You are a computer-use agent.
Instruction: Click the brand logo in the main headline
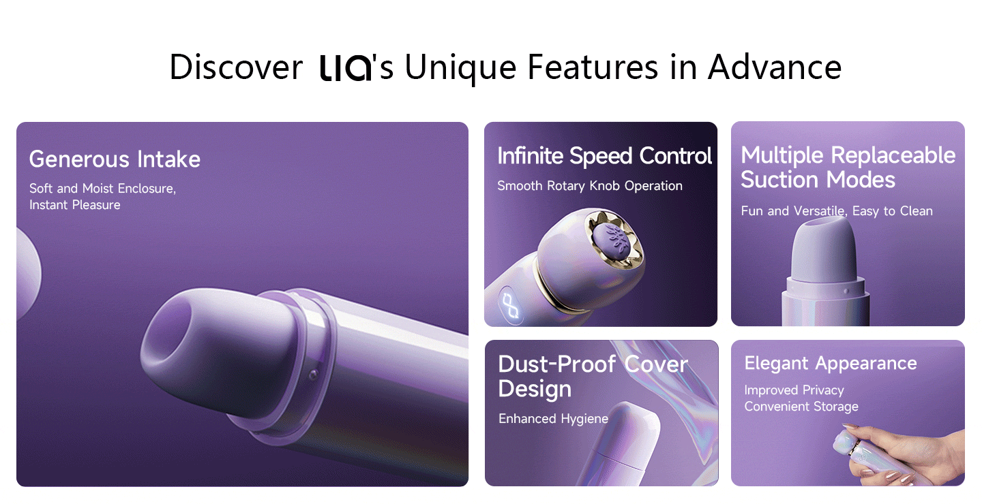346,68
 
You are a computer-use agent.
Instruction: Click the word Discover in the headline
236,67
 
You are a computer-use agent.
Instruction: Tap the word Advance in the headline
775,67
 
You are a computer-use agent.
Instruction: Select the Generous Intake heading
115,159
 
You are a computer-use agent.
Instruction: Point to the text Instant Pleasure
75,205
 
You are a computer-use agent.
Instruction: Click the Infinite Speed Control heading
604,156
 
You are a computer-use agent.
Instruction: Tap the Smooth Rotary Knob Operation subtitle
590,186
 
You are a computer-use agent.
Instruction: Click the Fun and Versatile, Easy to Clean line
837,211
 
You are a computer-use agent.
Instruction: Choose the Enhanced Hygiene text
553,419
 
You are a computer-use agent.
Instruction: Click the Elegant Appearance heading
831,364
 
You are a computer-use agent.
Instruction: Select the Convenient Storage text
801,407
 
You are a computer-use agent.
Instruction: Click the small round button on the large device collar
313,375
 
